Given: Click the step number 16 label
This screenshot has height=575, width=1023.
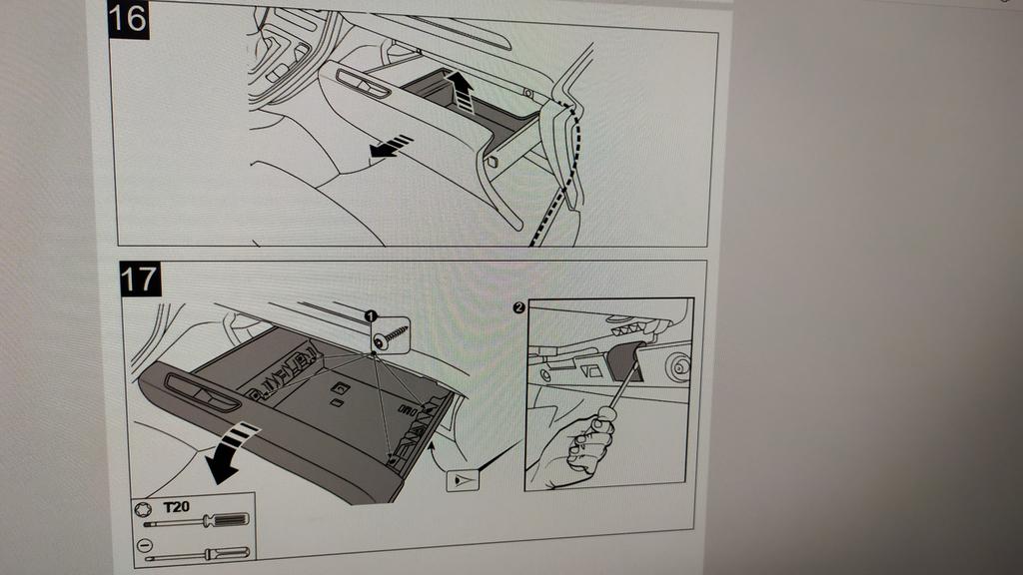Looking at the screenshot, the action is (128, 19).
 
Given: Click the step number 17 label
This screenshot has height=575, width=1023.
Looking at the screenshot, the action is (140, 280).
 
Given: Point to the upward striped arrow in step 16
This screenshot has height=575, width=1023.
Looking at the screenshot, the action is (462, 91).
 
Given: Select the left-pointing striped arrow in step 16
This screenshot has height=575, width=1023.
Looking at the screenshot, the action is (391, 146).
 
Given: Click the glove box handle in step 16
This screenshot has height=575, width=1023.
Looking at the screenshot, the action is (363, 84).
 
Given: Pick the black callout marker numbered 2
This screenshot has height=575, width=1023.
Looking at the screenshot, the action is (518, 307).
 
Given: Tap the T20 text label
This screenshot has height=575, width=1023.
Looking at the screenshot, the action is (176, 506).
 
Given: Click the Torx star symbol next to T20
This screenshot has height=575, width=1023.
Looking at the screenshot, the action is (143, 508).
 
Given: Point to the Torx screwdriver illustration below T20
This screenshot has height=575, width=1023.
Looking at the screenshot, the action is (196, 521).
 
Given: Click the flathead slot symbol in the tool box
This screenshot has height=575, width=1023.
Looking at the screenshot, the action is (145, 544).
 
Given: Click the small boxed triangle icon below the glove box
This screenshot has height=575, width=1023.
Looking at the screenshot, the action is (463, 481).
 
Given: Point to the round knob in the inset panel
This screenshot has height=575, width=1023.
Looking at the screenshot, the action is (678, 367).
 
